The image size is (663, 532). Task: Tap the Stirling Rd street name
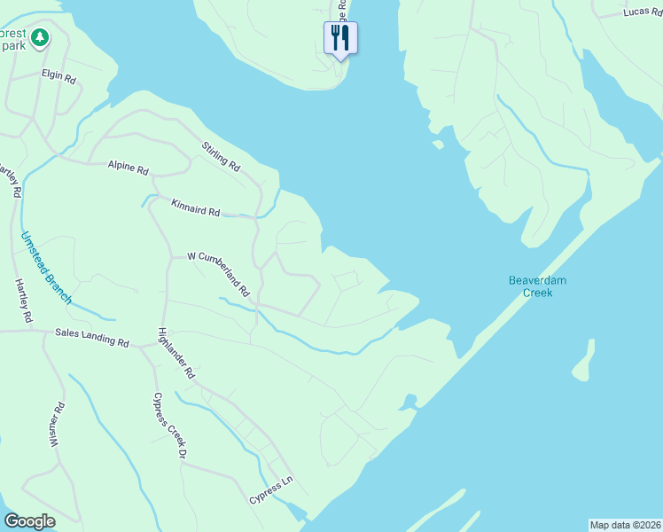point(221,155)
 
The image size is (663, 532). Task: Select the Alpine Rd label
point(129,167)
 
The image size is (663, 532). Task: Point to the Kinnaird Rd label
point(195,207)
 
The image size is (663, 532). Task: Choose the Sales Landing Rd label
point(92,339)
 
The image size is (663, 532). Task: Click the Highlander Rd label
point(175,354)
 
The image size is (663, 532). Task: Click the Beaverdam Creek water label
point(537,286)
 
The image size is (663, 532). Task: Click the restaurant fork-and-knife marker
point(340,37)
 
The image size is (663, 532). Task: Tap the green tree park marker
point(39,37)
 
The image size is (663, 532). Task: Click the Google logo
point(29,521)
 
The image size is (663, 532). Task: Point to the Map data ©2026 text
point(625,524)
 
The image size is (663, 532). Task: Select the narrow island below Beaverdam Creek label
point(582,360)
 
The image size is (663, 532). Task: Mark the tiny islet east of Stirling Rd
point(437,144)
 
